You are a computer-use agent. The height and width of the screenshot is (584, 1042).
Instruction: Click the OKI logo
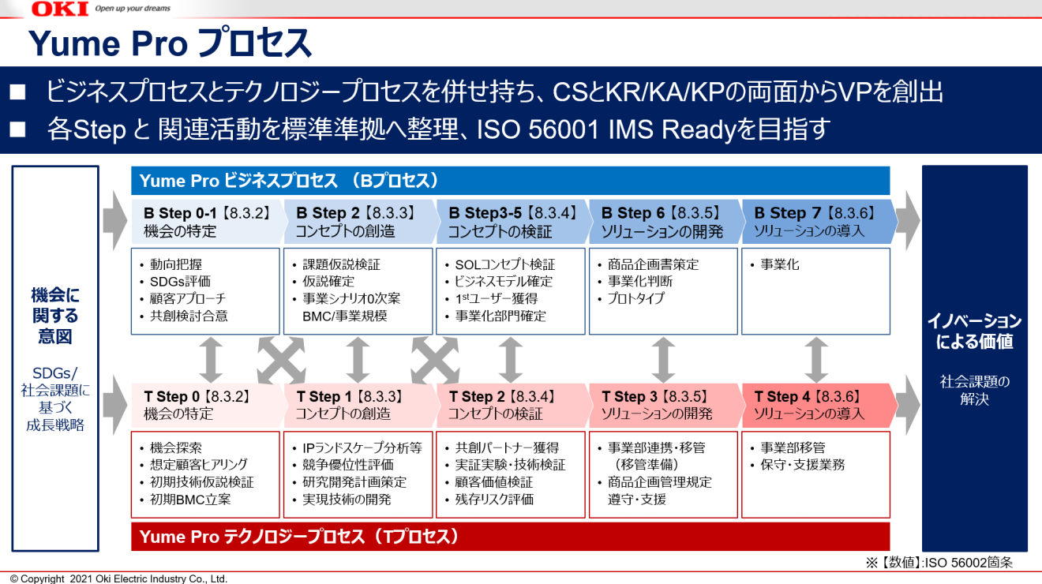pos(60,9)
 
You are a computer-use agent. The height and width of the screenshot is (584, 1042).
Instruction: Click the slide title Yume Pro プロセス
pos(171,43)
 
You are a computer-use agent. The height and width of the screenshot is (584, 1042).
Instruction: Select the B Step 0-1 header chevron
pos(208,222)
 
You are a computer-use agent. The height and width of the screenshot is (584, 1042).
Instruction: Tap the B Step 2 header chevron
pos(360,222)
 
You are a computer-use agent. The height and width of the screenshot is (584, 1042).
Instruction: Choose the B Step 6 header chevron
pos(665,222)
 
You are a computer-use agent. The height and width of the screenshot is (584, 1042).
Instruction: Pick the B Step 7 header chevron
pos(819,222)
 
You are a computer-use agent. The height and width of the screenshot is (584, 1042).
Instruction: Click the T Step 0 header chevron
pos(208,405)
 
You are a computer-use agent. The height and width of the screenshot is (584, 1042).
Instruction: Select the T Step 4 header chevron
pos(819,405)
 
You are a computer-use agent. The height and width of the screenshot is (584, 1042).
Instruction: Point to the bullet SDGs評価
pos(179,281)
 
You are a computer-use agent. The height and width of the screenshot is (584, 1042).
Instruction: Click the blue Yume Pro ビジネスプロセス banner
pos(510,181)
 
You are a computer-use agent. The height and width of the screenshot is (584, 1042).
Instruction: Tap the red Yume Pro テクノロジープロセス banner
pos(510,537)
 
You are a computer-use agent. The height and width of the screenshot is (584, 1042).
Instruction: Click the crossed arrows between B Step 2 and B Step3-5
pos(435,360)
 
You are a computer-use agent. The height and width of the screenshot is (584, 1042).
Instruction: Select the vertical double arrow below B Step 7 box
pos(816,360)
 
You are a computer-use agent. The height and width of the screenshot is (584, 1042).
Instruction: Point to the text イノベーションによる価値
pos(975,331)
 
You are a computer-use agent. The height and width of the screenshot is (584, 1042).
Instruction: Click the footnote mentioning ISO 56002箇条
pos(939,563)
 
